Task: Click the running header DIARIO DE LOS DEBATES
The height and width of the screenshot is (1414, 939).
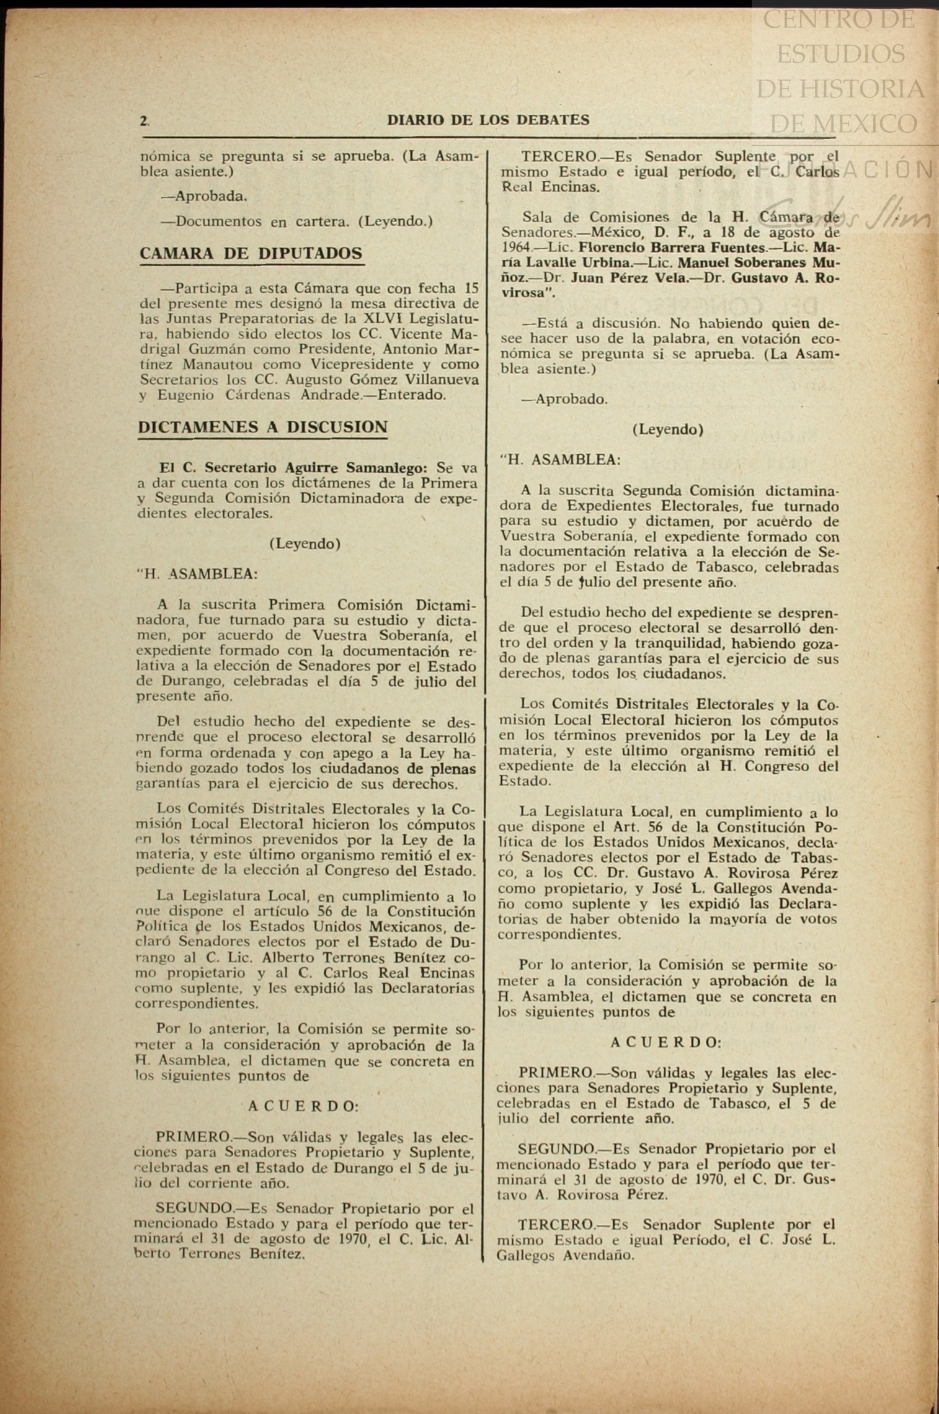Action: point(488,120)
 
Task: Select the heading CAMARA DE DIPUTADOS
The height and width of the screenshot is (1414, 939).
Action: point(251,254)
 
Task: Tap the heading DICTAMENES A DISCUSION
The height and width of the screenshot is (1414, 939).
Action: point(263,427)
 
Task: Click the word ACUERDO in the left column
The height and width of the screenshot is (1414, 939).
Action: point(303,1106)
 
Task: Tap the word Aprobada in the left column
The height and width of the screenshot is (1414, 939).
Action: point(211,197)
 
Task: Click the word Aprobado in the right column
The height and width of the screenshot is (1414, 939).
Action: point(571,400)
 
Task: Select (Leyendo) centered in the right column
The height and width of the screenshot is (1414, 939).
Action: point(667,429)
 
